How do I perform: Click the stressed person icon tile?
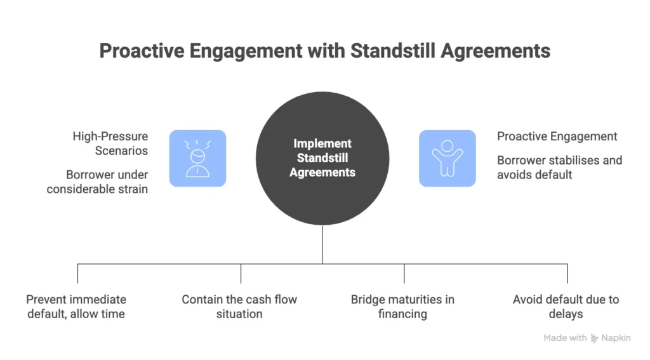(197, 158)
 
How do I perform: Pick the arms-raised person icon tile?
(447, 158)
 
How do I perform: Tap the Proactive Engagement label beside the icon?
(557, 137)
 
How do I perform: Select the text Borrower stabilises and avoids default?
(559, 167)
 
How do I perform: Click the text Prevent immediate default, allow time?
(76, 306)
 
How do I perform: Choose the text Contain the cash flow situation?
(239, 306)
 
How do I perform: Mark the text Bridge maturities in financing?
(402, 306)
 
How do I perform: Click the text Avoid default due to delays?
(566, 306)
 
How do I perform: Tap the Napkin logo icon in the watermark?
(595, 338)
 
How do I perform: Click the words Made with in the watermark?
(565, 338)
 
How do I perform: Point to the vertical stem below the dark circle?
(322, 244)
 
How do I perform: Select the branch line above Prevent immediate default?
(77, 274)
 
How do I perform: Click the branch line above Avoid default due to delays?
(567, 274)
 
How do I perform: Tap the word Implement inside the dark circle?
(322, 144)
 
